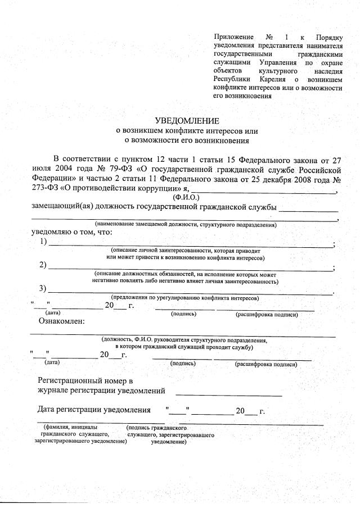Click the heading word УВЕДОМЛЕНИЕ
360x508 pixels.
tap(187, 121)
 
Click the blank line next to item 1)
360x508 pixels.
tap(191, 246)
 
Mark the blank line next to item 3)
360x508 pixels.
tap(191, 292)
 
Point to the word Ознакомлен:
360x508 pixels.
tap(61, 321)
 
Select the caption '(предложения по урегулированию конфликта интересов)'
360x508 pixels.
tap(185, 297)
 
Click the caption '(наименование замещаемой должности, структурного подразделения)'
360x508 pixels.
tap(186, 225)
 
